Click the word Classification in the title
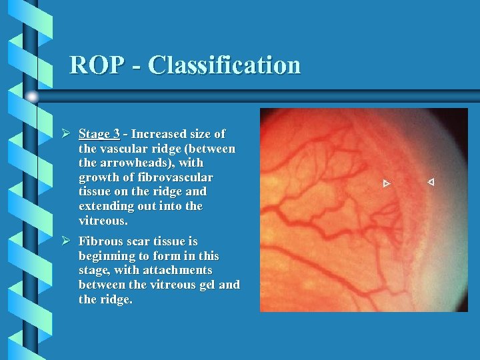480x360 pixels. (225, 65)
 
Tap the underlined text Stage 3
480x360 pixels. (99, 134)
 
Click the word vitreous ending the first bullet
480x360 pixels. (101, 221)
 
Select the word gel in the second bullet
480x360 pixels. (203, 285)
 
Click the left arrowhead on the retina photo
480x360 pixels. (386, 183)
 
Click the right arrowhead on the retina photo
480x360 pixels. (431, 181)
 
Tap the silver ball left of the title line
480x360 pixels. (31, 97)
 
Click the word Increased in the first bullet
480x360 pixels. (159, 134)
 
